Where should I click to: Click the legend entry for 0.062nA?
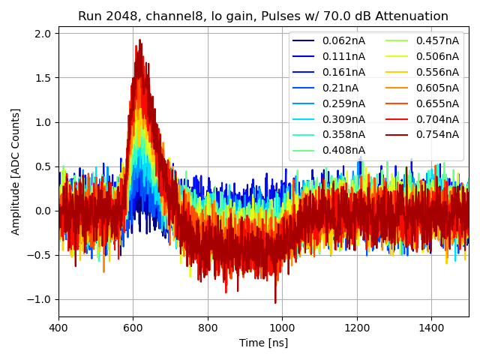pos(343,40)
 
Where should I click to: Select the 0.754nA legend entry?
pos(436,135)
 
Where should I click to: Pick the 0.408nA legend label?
pos(343,151)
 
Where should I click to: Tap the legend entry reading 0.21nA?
pos(340,88)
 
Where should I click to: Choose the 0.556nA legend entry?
pos(436,72)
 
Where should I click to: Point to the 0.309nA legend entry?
pos(343,119)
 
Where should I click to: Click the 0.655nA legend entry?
pos(436,103)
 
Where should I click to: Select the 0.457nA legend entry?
pos(436,40)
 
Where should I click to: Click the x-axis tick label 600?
pos(133,328)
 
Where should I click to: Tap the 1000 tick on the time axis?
pos(282,328)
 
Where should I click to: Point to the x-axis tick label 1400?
pos(431,328)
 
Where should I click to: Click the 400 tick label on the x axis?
pos(59,328)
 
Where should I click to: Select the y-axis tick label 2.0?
pos(41,34)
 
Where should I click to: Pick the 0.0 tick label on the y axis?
pos(41,211)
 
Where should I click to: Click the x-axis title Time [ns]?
pos(263,343)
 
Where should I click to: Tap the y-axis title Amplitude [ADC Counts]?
pos(16,172)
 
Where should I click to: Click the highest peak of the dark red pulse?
pos(139,40)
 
